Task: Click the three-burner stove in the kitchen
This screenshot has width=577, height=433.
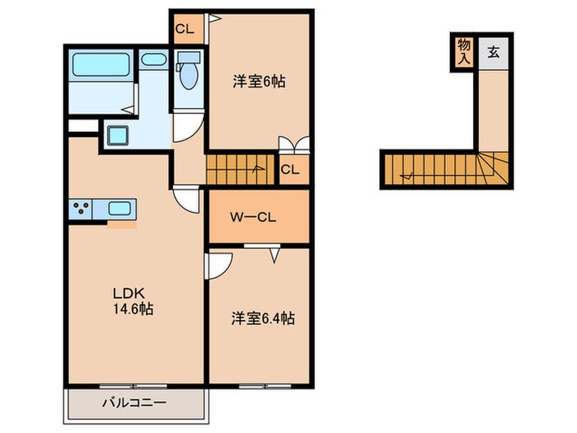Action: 83,209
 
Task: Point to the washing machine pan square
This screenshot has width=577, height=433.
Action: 118,135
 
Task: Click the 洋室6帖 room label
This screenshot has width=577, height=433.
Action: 258,82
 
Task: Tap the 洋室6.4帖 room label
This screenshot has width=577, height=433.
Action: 263,318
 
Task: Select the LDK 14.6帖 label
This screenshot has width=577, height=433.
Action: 132,302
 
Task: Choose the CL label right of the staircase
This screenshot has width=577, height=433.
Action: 290,171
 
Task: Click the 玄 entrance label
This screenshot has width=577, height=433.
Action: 493,54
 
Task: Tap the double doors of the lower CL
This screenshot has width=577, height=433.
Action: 294,146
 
